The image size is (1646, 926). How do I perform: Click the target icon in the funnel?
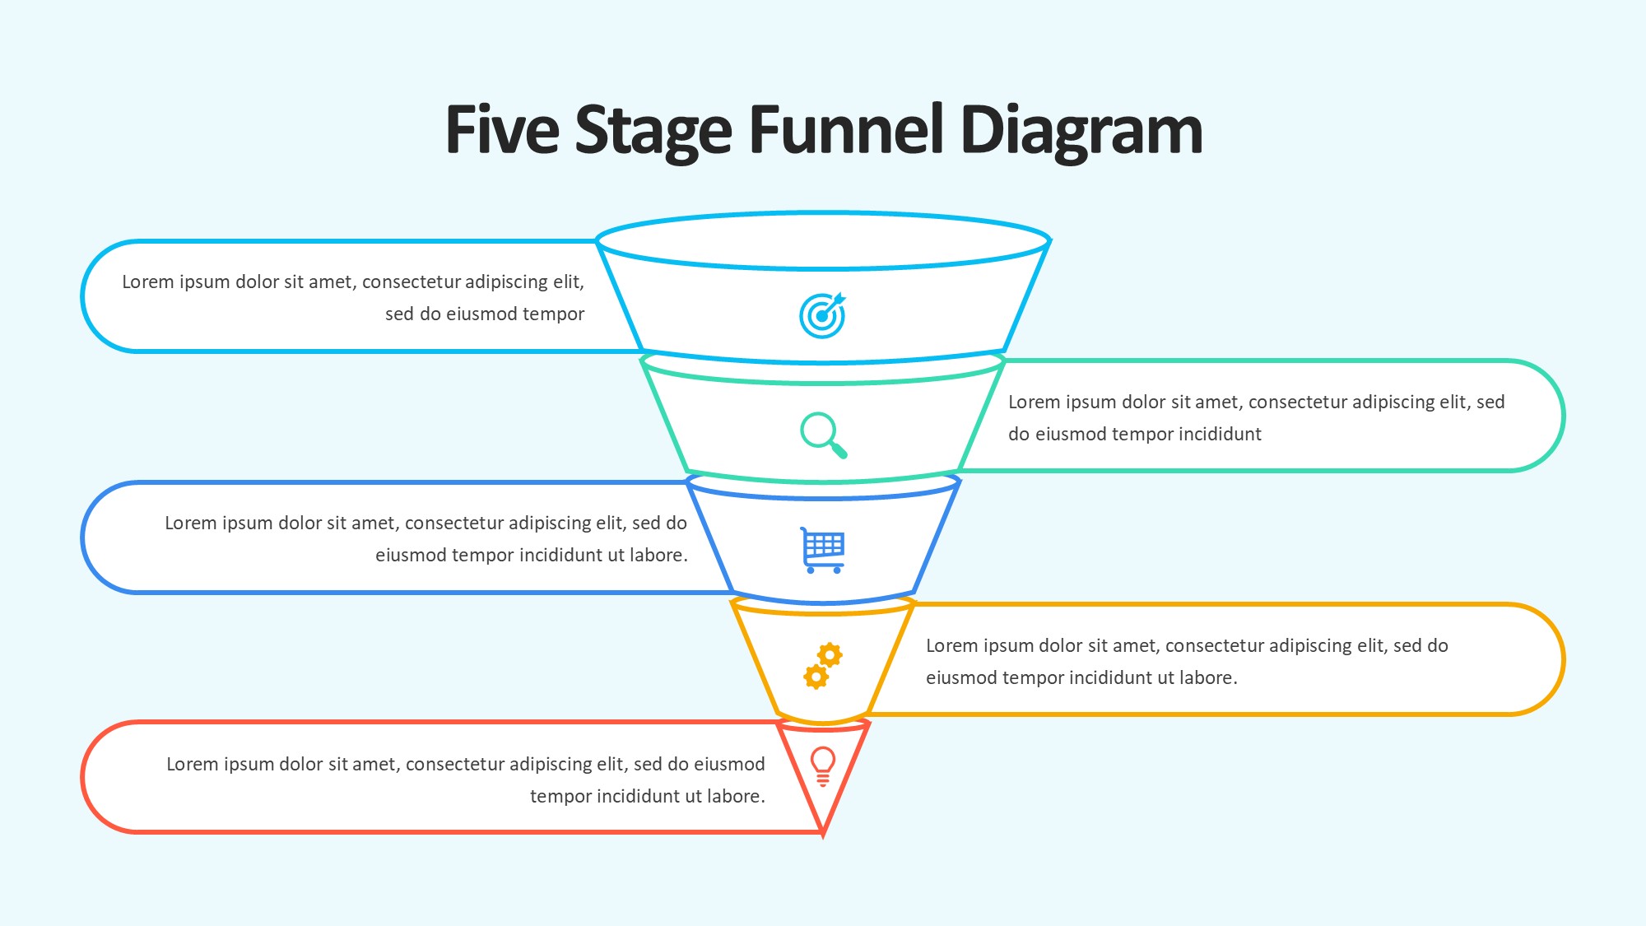(x=822, y=315)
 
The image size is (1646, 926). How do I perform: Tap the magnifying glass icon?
(x=823, y=435)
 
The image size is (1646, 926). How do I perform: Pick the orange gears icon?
(x=823, y=666)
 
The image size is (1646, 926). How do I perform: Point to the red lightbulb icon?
(x=823, y=766)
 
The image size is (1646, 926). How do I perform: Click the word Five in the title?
(x=502, y=130)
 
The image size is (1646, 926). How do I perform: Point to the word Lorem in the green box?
(x=1034, y=403)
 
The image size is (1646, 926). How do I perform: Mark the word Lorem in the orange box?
(x=951, y=646)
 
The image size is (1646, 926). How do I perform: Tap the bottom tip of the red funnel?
(x=823, y=833)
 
